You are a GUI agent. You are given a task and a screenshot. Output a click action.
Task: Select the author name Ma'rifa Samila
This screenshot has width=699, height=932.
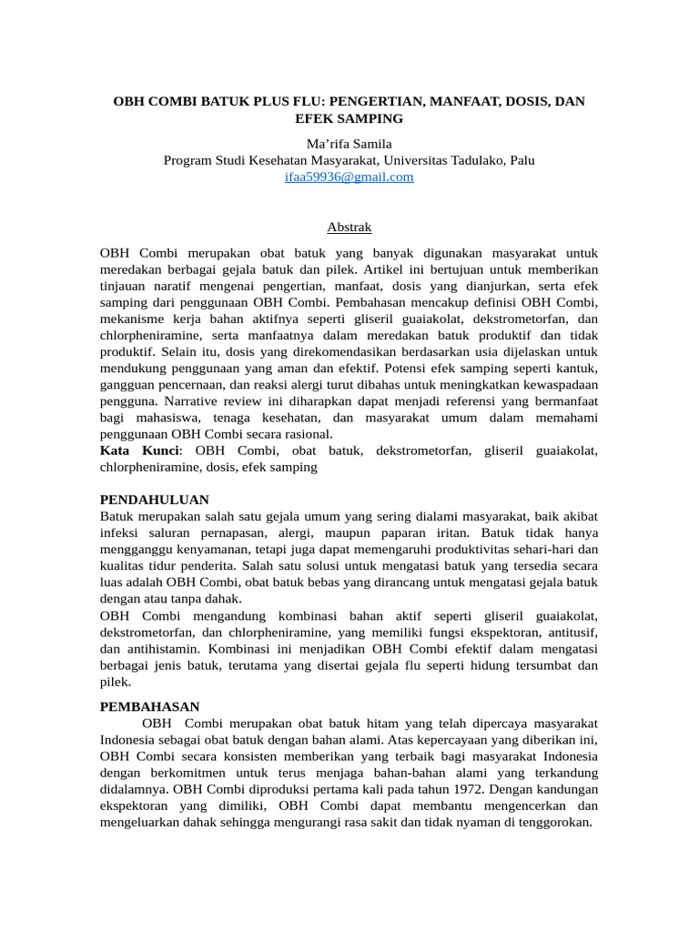[349, 144]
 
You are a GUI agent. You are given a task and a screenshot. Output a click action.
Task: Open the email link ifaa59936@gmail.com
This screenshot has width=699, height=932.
[349, 177]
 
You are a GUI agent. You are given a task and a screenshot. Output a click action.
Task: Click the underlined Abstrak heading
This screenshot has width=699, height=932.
[349, 227]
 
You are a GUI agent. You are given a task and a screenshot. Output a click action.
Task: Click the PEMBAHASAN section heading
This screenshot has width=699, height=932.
[149, 706]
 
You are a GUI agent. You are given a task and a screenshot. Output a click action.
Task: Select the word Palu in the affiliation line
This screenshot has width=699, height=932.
[522, 160]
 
